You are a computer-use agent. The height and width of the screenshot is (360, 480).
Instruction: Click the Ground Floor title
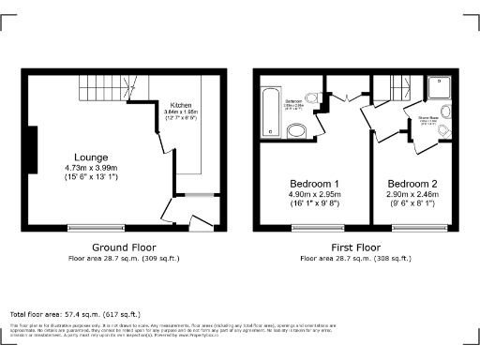coord(123,247)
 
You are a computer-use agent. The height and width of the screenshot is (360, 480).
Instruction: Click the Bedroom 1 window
coord(310,226)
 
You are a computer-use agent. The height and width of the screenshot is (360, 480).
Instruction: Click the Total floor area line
coord(75,314)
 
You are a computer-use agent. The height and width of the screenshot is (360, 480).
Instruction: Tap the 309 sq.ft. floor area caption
coord(124,257)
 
